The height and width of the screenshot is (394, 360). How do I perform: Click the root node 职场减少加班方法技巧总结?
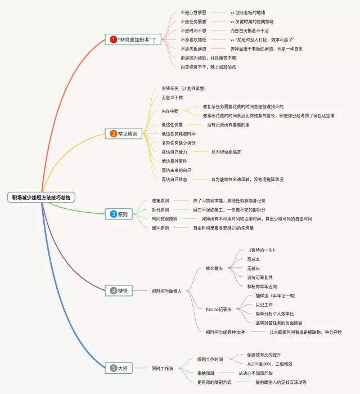tap(42, 198)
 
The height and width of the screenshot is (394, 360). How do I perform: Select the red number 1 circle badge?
tap(113, 39)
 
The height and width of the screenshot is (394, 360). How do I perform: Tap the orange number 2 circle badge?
tap(113, 134)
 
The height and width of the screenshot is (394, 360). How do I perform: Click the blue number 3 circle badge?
tap(113, 214)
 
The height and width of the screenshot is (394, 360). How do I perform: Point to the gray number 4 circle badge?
tap(113, 290)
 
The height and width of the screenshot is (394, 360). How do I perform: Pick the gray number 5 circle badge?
tap(113, 368)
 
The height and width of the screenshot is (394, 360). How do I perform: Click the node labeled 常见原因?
tap(127, 134)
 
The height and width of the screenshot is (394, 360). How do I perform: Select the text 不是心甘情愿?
tap(193, 12)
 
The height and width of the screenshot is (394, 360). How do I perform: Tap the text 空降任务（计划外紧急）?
tap(183, 88)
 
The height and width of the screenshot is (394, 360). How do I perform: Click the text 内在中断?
tap(170, 111)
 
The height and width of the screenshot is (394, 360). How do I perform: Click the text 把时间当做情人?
tap(167, 291)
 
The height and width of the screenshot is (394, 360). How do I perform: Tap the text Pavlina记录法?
tap(220, 309)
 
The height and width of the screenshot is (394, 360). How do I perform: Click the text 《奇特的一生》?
tap(262, 250)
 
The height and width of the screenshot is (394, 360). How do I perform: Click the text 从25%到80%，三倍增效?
tap(270, 364)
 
